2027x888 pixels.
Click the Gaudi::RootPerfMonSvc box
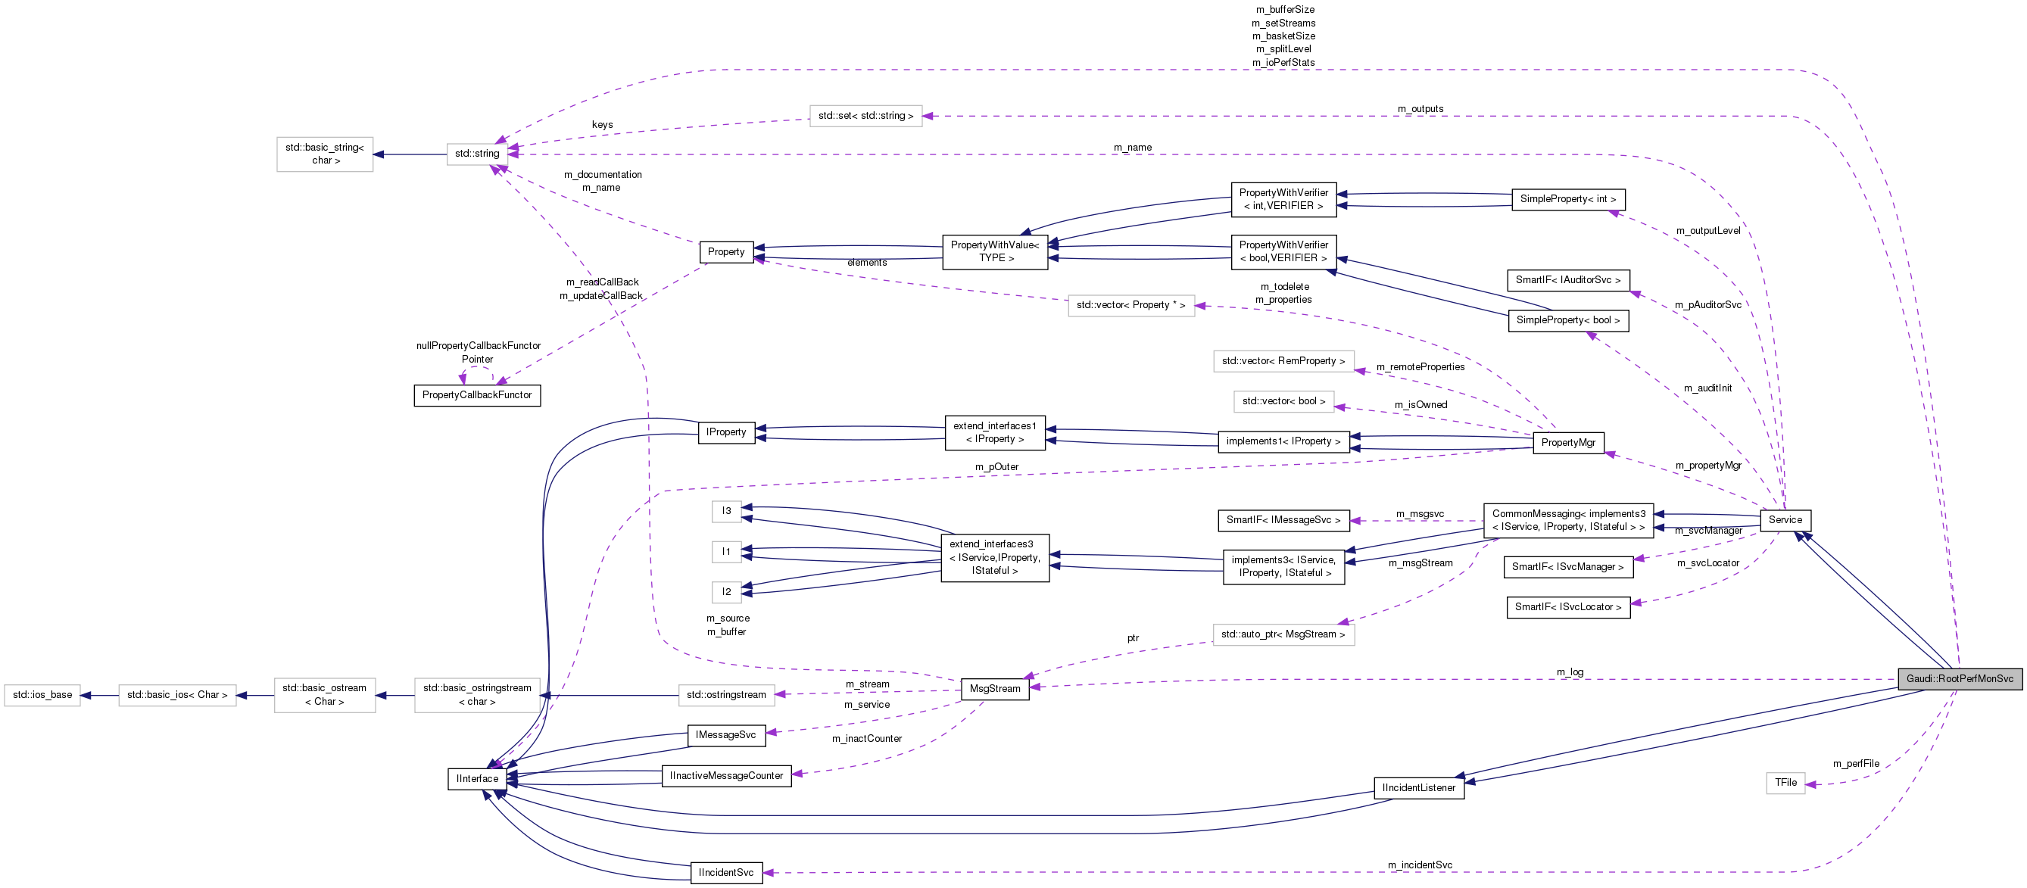1960,679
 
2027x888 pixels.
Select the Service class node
1785,520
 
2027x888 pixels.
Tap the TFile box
1785,783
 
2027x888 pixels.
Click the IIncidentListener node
1419,788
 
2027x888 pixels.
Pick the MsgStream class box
995,689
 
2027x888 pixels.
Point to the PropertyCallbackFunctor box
477,395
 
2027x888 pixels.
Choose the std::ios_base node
42,695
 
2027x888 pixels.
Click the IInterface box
477,779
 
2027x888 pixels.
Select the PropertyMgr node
1567,443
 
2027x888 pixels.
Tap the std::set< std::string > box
865,116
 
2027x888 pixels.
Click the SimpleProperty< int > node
1567,199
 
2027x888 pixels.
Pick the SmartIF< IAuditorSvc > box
1567,280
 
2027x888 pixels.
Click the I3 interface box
726,511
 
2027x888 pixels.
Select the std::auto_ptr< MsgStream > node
1283,634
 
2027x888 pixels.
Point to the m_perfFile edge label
1855,764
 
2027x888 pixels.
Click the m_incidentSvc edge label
1420,865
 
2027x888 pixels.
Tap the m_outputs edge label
1420,109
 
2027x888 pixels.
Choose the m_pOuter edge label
996,467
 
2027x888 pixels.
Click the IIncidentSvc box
725,873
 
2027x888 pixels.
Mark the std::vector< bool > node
1283,401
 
